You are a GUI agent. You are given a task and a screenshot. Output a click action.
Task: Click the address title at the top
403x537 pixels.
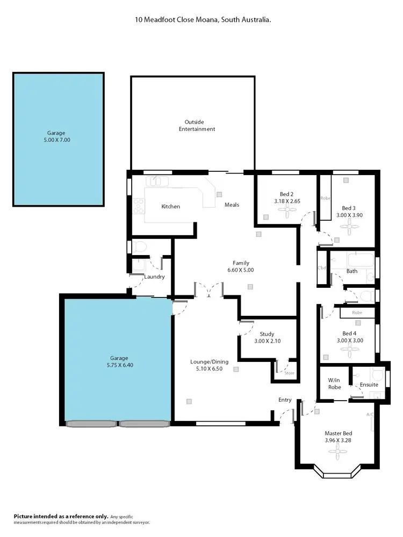tap(202, 19)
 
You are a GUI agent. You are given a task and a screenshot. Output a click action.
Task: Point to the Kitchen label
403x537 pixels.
tap(171, 207)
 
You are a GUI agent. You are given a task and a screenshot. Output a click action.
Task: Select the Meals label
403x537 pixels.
tap(232, 205)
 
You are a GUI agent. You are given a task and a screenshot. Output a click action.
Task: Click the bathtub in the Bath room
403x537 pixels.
tap(359, 260)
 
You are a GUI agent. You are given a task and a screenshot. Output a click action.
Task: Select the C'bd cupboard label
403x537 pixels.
tap(322, 268)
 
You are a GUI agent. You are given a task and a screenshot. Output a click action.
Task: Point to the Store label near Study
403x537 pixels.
tap(289, 373)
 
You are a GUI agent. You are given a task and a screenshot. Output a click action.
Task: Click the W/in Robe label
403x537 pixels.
tap(335, 384)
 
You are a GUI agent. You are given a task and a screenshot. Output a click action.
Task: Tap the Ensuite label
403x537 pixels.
tap(369, 384)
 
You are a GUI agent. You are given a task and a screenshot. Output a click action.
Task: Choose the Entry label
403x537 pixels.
tap(285, 400)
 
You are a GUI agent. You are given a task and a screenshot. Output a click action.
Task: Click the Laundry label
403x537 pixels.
tap(155, 277)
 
